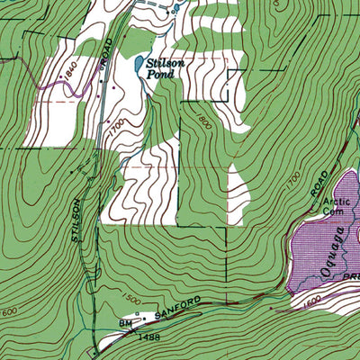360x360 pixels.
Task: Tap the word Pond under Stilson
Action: (168, 75)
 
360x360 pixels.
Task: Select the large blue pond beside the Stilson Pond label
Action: (136, 66)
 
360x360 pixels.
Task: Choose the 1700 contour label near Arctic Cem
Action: (294, 181)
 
